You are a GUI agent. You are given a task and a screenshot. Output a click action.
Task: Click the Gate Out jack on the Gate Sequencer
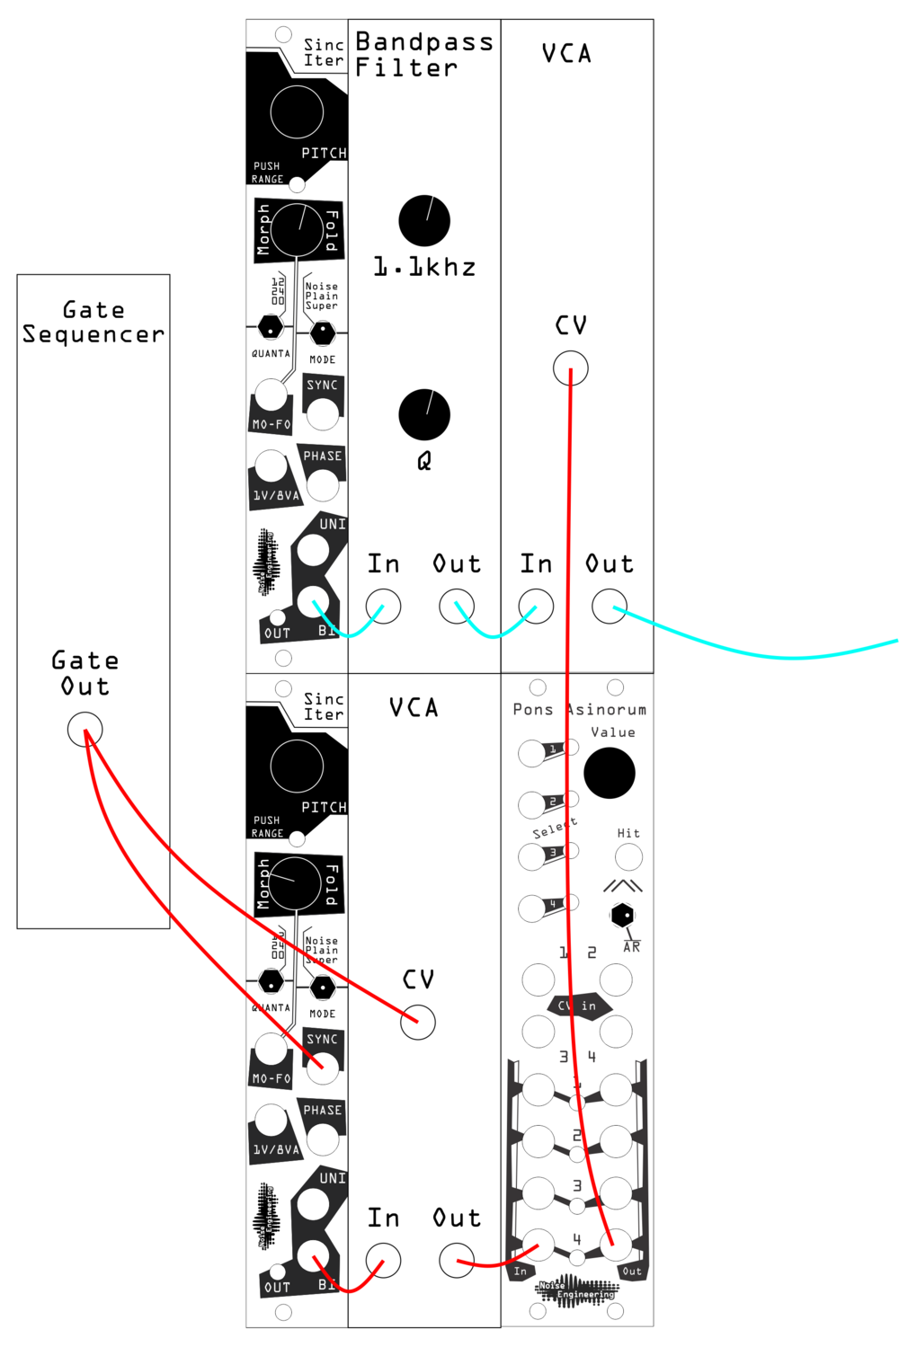click(x=85, y=729)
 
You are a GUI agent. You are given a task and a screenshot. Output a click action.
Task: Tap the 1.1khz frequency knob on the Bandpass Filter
click(x=424, y=220)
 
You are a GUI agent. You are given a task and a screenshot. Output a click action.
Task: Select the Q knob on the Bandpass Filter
click(x=424, y=414)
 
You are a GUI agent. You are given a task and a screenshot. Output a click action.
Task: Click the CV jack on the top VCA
click(x=570, y=368)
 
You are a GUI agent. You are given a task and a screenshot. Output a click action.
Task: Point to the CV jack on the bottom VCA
click(x=417, y=1023)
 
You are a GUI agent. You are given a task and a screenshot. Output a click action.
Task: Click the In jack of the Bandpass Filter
click(x=383, y=607)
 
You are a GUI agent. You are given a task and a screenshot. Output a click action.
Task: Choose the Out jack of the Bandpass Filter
click(x=457, y=607)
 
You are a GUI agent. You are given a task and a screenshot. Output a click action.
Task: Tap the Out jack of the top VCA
click(x=610, y=607)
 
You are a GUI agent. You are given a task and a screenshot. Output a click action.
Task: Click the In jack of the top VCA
click(x=536, y=607)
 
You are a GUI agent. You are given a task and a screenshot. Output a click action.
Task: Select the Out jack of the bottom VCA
click(x=457, y=1261)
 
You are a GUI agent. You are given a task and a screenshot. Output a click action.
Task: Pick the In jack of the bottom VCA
click(x=383, y=1261)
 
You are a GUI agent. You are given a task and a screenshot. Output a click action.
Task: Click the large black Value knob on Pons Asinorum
click(x=610, y=773)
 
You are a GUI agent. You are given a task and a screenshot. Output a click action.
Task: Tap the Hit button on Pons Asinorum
click(x=628, y=856)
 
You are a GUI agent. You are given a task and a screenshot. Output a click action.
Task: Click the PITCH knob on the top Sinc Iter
click(x=297, y=112)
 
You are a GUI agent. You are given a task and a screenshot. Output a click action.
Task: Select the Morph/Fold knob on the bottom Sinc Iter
click(x=296, y=883)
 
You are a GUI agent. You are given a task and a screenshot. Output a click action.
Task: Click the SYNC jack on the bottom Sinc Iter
click(x=322, y=1068)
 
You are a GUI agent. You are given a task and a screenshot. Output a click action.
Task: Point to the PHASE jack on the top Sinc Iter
click(x=322, y=485)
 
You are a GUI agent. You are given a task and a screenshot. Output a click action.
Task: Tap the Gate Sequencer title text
click(x=93, y=322)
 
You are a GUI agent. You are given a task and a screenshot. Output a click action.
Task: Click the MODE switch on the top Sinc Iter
click(x=322, y=333)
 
